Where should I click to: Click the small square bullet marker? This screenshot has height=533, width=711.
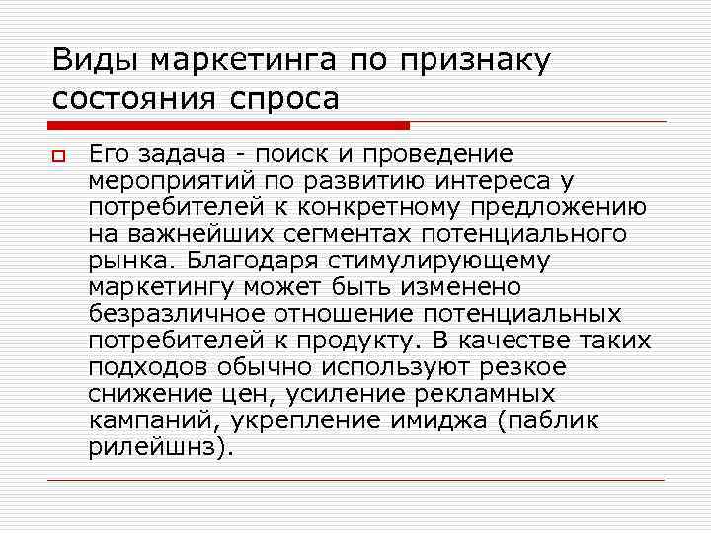click(60, 155)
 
